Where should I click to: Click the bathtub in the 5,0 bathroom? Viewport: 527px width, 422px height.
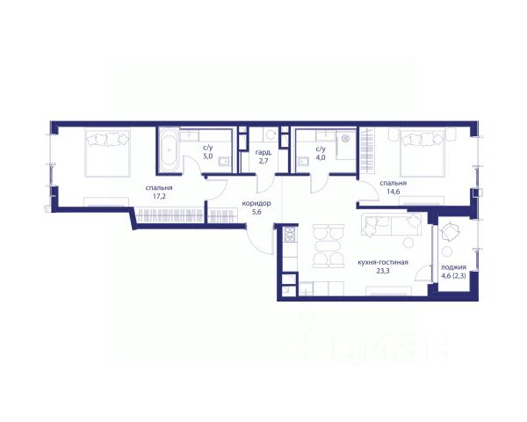170,150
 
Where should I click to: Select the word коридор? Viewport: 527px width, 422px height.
256,203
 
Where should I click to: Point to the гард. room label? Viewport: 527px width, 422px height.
262,152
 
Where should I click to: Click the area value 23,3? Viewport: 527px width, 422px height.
383,270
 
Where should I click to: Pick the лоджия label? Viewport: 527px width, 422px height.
453,267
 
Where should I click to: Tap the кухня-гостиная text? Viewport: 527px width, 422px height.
383,262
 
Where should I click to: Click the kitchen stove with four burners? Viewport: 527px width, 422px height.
290,234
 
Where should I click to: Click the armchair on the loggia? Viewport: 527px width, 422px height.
449,231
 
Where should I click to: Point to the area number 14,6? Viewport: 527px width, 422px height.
393,192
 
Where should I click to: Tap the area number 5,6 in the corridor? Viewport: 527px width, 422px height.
256,212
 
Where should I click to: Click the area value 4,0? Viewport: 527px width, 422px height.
321,156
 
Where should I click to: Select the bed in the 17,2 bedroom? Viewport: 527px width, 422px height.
107,153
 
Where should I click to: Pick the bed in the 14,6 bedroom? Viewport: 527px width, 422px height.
422,152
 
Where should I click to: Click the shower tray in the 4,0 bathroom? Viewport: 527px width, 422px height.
345,145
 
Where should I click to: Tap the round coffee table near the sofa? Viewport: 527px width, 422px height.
408,243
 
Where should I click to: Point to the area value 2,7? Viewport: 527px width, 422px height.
262,160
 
